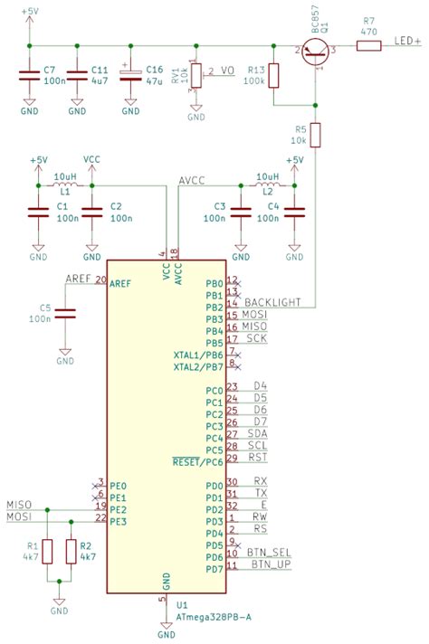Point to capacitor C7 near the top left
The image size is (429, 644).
point(28,76)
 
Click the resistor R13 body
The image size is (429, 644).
point(276,76)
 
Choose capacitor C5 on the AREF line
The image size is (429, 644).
point(65,313)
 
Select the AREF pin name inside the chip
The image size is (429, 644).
point(121,284)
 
